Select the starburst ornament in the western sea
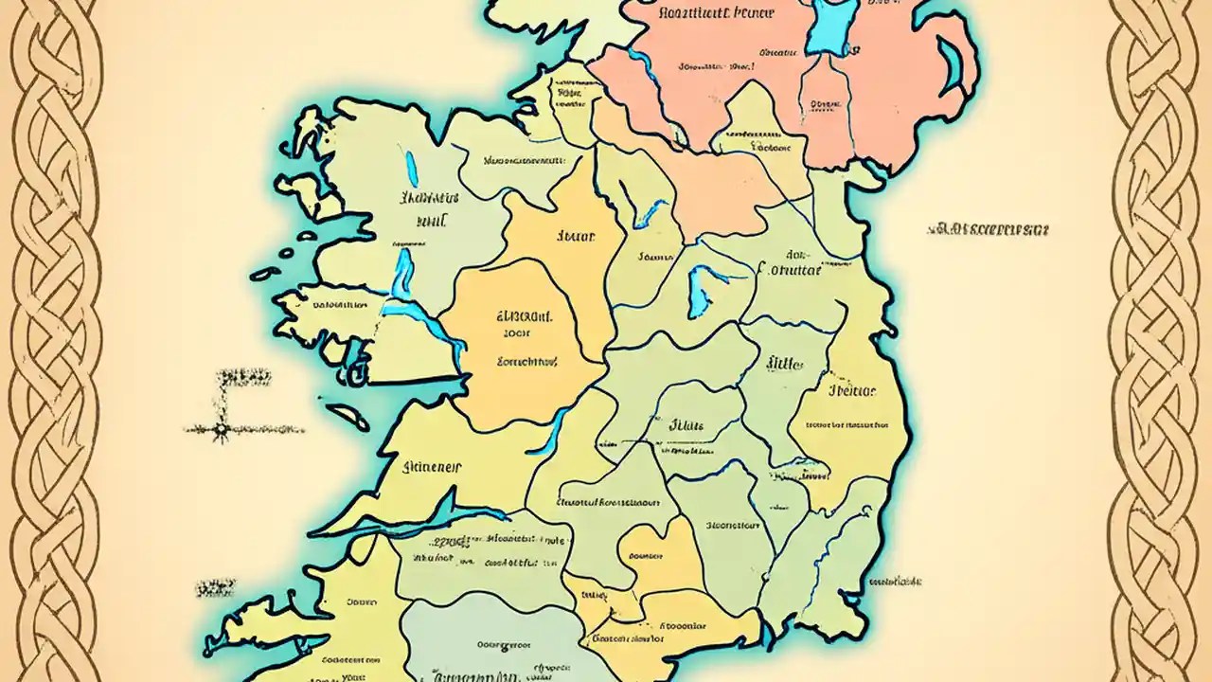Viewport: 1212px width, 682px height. tap(222, 430)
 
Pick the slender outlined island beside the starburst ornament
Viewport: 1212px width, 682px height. tap(348, 416)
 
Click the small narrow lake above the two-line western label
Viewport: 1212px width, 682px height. tap(411, 169)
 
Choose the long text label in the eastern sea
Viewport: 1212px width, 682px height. tap(989, 229)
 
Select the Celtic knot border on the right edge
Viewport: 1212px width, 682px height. tap(1157, 341)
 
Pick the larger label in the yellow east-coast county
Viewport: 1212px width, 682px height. tap(851, 389)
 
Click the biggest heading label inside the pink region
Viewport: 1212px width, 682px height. tap(715, 12)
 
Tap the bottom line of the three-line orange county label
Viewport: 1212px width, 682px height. tap(527, 360)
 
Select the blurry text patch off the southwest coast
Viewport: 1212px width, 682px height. tap(216, 588)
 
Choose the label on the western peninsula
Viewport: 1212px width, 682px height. tap(339, 305)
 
